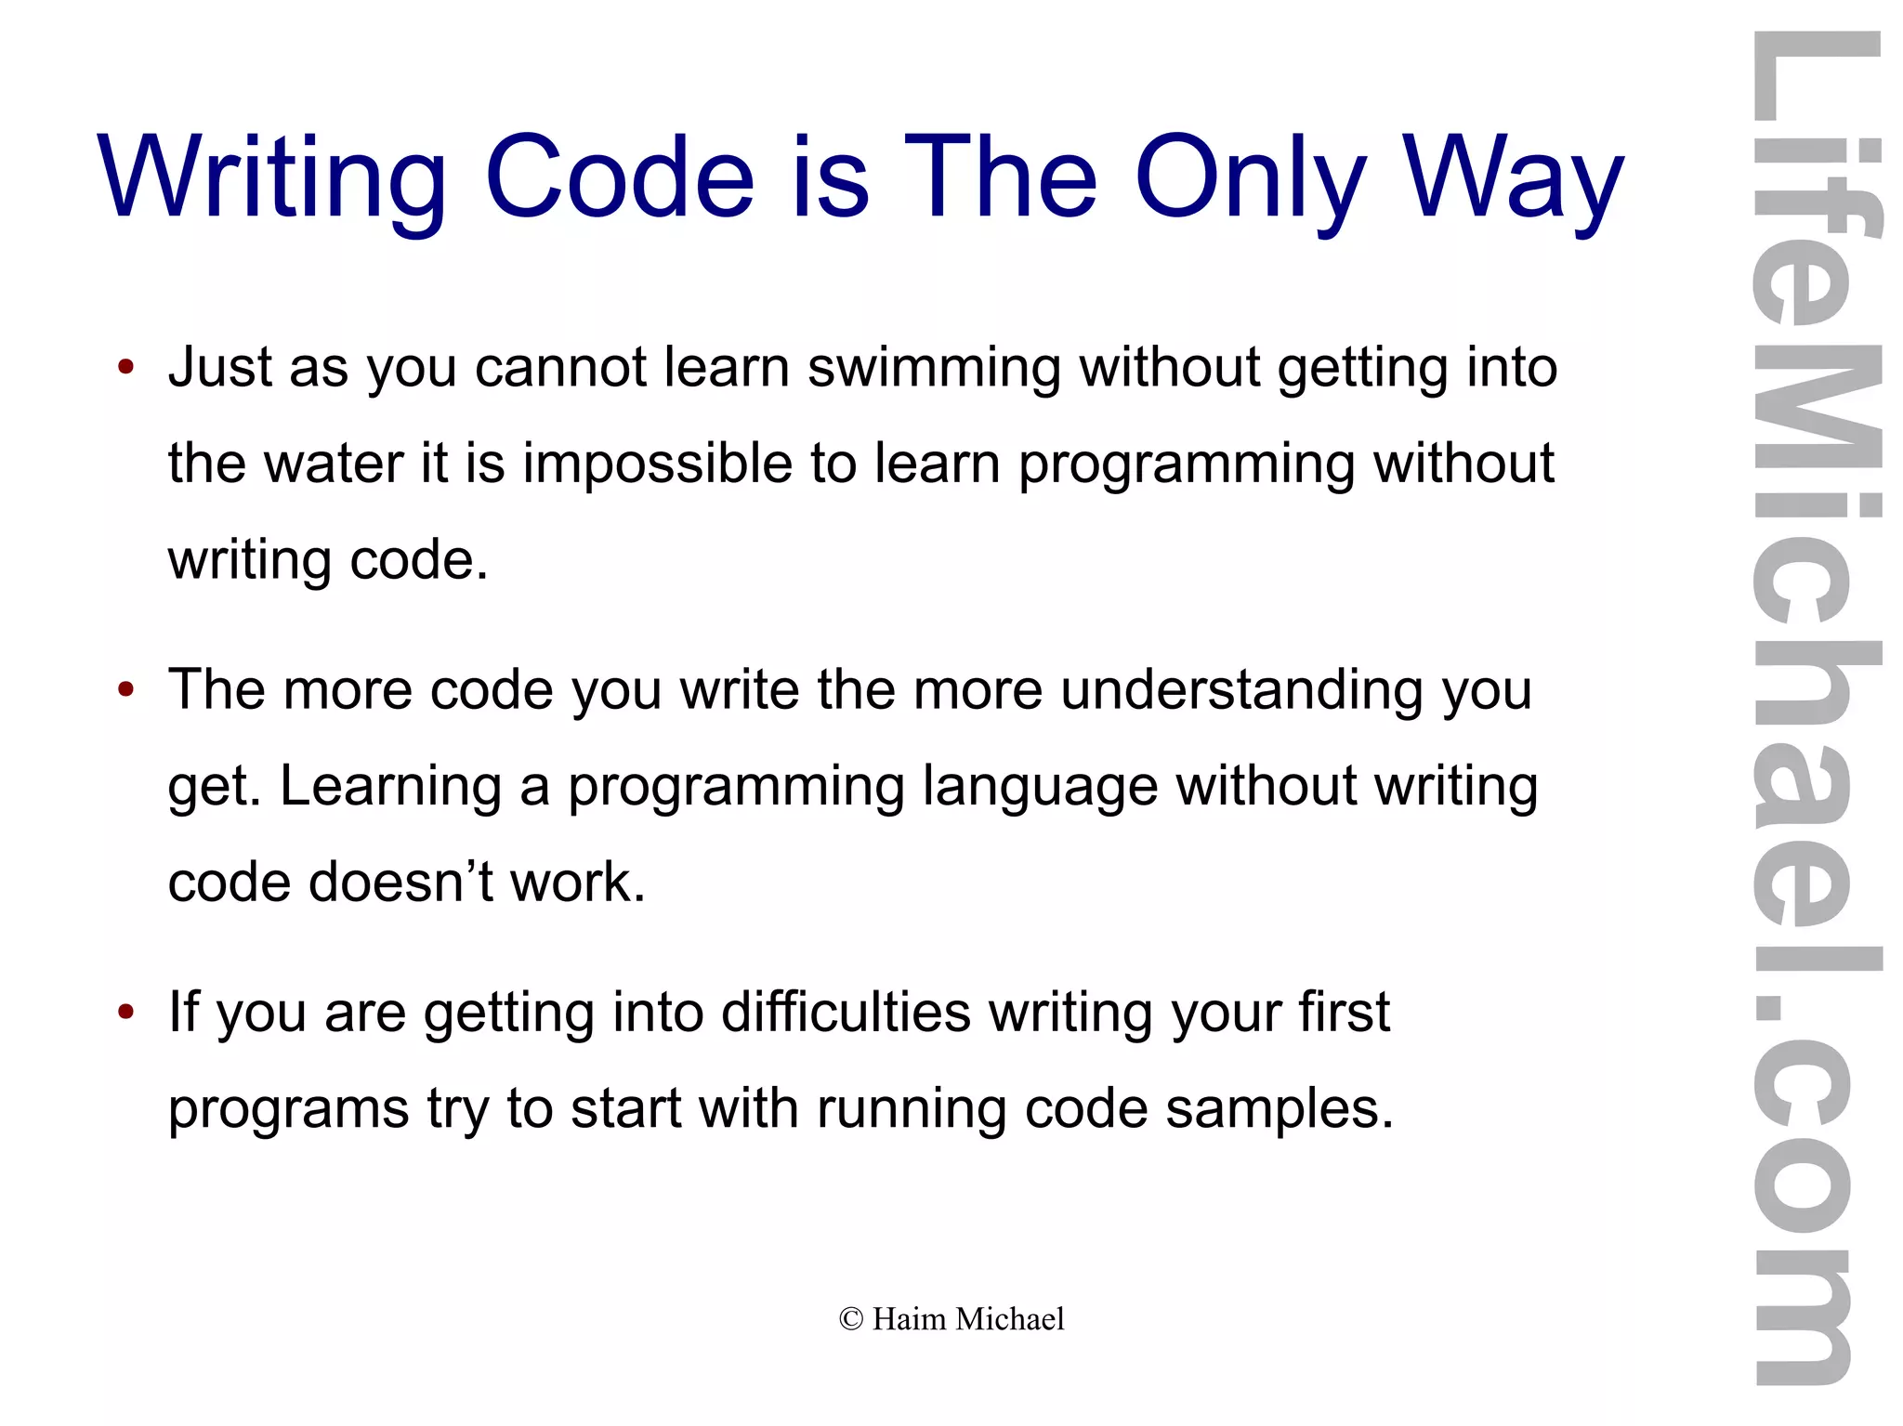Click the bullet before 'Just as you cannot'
(x=126, y=367)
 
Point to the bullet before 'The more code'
(x=126, y=689)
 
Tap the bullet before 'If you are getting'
(x=126, y=1012)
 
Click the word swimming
(x=933, y=368)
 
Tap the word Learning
(x=390, y=788)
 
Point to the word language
(x=1040, y=788)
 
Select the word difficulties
(x=846, y=1012)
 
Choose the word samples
(x=1280, y=1108)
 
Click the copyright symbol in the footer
(x=850, y=1319)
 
